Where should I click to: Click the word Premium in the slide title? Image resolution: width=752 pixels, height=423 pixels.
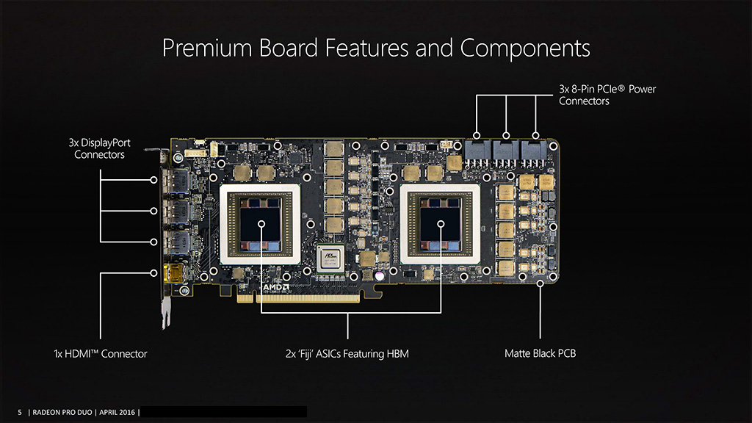tap(206, 48)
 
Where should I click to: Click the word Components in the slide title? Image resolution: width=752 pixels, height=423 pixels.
tap(524, 48)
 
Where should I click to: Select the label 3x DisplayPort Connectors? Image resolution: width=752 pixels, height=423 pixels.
tap(99, 148)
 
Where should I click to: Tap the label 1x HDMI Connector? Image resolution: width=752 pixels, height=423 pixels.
tap(100, 354)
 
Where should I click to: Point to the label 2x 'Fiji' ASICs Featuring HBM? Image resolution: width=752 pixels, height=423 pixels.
tap(347, 354)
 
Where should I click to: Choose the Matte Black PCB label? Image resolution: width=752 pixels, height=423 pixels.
tap(540, 353)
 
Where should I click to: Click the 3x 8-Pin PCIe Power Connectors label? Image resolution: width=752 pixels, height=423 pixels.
tap(607, 95)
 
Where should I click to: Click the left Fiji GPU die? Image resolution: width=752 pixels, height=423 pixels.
tap(261, 224)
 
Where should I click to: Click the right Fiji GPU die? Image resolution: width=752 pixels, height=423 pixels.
tap(440, 224)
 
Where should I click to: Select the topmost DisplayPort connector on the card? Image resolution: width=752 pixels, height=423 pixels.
tap(176, 181)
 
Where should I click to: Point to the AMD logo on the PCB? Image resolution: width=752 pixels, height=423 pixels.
tap(276, 287)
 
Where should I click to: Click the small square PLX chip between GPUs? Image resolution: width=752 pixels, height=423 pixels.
tap(330, 258)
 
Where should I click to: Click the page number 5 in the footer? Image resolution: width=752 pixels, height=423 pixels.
tap(20, 413)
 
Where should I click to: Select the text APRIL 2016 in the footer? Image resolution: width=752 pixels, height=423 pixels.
tap(117, 413)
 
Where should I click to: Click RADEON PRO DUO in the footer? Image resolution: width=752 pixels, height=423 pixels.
tap(62, 413)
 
